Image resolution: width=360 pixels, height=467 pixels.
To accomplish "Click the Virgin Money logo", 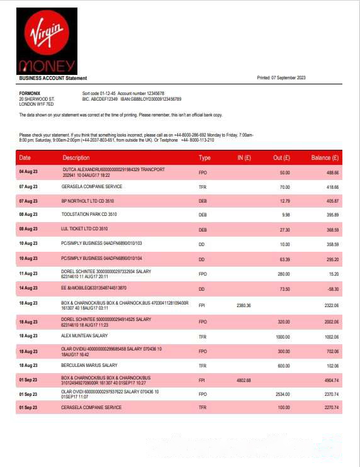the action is click(48, 40).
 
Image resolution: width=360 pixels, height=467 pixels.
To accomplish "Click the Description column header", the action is click(76, 157).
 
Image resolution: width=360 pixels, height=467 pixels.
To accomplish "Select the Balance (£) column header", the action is click(325, 157).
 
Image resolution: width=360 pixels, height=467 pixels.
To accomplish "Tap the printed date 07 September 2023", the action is click(281, 78).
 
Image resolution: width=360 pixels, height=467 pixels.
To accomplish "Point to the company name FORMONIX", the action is click(30, 93).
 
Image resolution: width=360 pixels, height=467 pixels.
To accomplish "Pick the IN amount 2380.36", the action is click(244, 305).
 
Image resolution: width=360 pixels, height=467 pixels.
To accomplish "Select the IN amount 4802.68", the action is click(244, 380).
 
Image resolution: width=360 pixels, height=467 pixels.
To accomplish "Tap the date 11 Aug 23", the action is click(28, 274).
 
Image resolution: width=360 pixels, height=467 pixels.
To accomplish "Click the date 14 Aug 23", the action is click(28, 288).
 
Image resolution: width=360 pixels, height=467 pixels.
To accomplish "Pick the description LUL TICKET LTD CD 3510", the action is click(84, 229).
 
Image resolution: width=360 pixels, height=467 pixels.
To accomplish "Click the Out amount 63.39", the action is click(284, 259).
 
